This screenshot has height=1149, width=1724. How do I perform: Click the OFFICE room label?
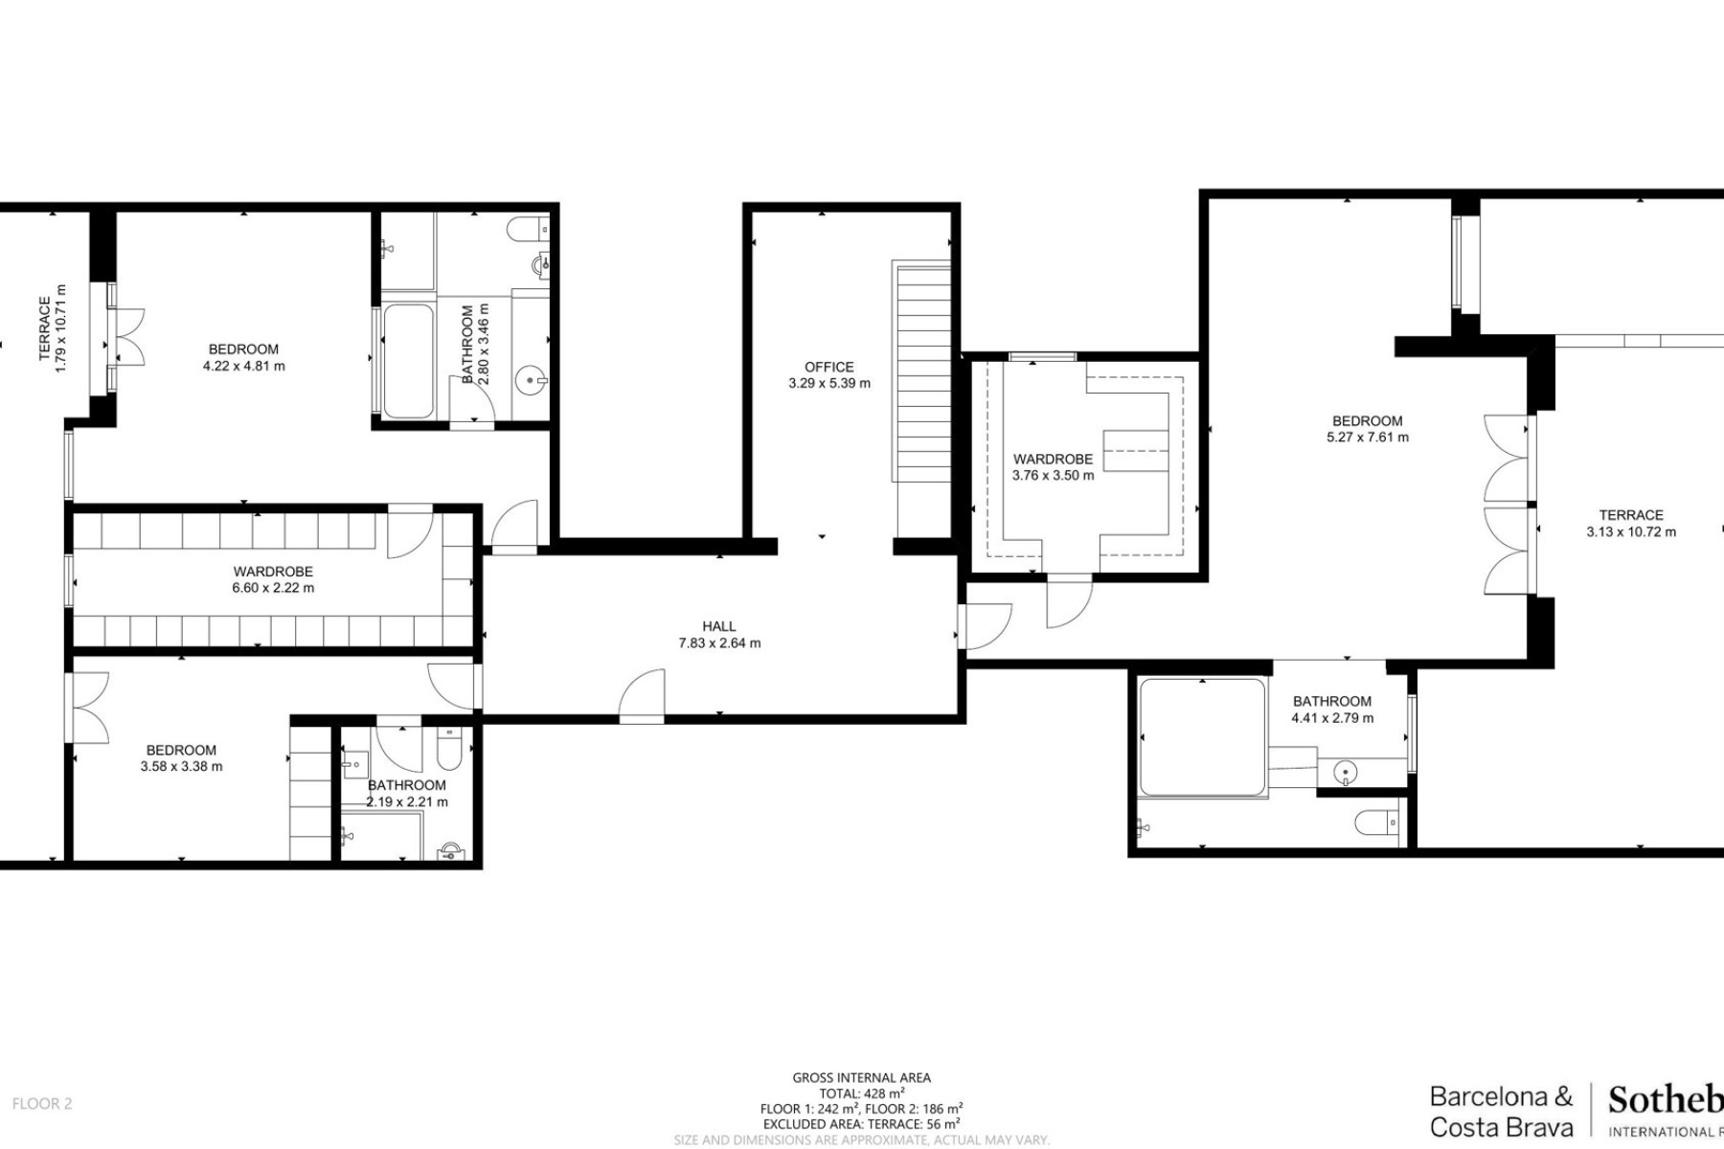828,367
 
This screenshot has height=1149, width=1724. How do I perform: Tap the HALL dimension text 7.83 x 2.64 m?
719,643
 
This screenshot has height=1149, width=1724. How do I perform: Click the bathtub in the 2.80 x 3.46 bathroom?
408,361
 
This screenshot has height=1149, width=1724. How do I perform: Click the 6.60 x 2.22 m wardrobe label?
273,579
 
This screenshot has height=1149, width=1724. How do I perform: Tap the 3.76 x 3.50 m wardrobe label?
1053,467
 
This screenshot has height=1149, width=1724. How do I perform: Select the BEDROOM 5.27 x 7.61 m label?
1367,429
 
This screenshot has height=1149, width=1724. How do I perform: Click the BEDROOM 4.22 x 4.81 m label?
243,357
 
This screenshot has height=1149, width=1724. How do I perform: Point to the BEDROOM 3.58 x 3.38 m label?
181,758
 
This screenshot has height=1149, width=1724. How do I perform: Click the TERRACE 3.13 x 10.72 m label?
1630,523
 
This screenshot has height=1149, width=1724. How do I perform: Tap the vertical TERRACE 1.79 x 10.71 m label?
52,328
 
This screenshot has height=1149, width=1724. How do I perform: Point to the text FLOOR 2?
42,1103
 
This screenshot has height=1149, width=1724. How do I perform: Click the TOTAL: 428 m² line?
861,1093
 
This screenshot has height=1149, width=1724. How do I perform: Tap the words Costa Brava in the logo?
1501,1127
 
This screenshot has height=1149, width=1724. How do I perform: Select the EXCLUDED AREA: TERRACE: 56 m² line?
861,1124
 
